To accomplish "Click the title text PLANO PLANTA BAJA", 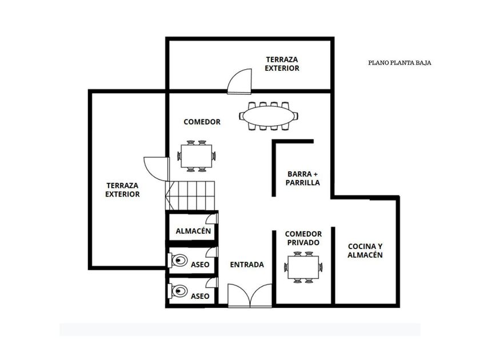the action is tap(399, 63).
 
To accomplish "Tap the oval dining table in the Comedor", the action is tap(269, 117).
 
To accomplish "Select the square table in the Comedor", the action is tap(197, 156).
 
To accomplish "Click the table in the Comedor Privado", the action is tap(303, 267).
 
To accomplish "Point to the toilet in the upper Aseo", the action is tap(178, 261).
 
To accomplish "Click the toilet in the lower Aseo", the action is tap(178, 291).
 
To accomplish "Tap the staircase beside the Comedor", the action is tap(190, 195).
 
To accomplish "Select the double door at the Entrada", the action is tap(250, 295).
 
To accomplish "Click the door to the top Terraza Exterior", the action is tap(239, 81).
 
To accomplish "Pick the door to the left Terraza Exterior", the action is tap(157, 169).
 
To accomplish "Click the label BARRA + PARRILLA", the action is tap(303, 178).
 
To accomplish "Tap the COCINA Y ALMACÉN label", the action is tap(365, 251).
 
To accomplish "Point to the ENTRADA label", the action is tap(247, 265).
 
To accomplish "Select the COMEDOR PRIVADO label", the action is tap(303, 238).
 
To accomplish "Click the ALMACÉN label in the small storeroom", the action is tap(194, 231).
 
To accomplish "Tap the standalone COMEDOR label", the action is tap(202, 122).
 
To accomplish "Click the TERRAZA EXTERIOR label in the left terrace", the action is tap(122, 190).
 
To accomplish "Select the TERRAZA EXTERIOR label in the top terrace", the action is tap(282, 64).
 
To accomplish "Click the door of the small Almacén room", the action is tap(212, 218).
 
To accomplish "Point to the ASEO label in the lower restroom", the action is tap(200, 297).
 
